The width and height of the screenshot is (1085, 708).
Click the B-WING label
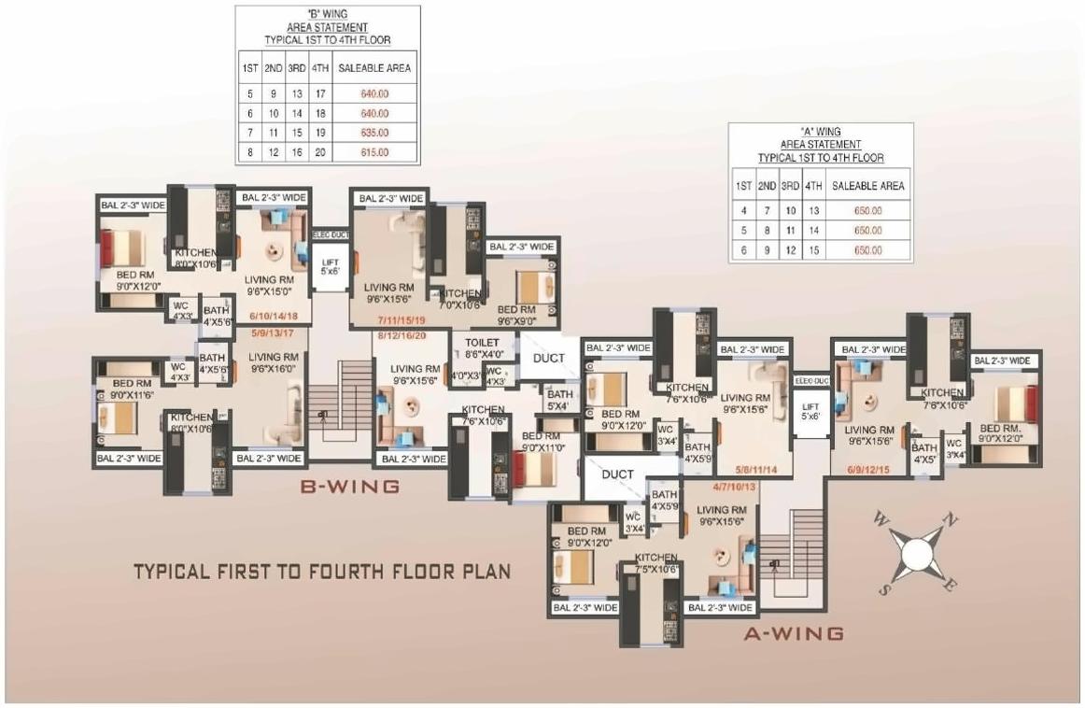(349, 487)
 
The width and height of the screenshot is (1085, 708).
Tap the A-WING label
(793, 633)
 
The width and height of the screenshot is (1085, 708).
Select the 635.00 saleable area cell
(374, 133)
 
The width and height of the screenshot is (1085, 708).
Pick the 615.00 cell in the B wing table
(374, 152)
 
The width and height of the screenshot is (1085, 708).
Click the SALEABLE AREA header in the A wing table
(867, 186)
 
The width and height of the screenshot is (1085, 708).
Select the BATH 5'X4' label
(558, 400)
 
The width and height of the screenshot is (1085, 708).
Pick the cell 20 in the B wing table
(319, 152)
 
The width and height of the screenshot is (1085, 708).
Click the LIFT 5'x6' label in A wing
(809, 411)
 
